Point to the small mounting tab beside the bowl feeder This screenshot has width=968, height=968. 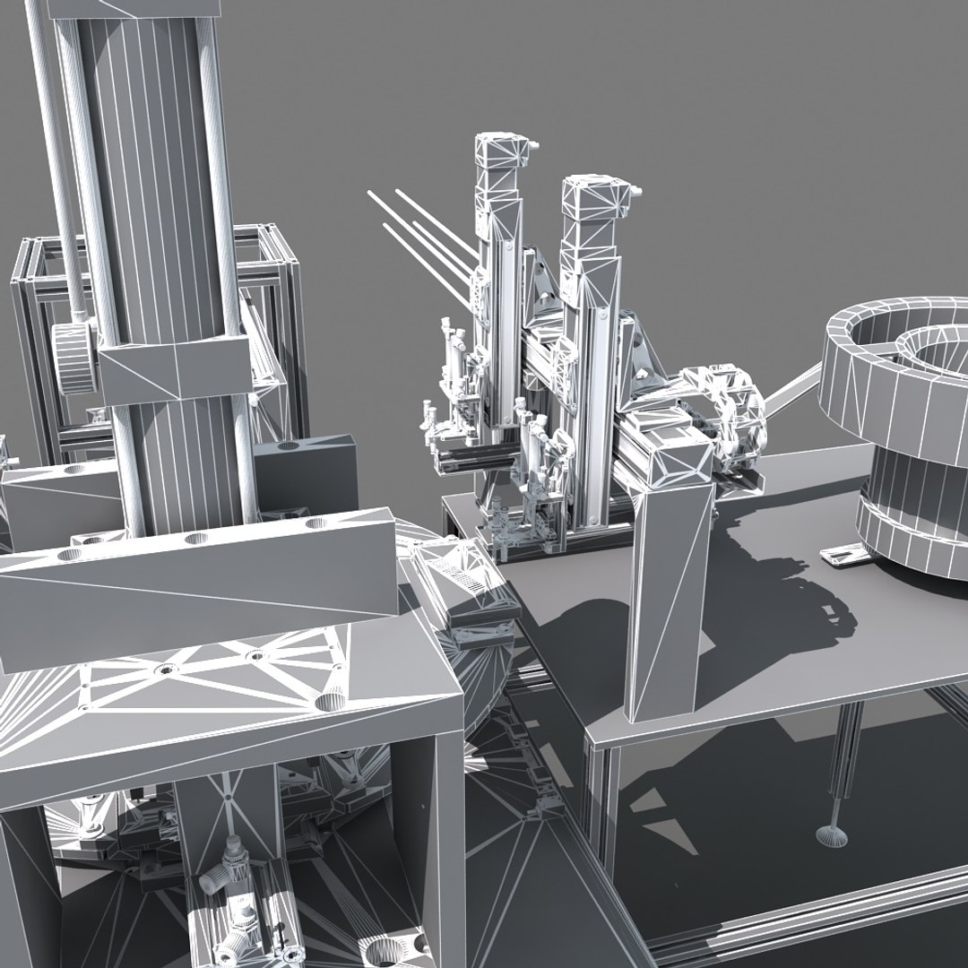[x=843, y=556]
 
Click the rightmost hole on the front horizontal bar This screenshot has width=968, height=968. [x=314, y=523]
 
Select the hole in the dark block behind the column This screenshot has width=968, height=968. [x=287, y=445]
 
